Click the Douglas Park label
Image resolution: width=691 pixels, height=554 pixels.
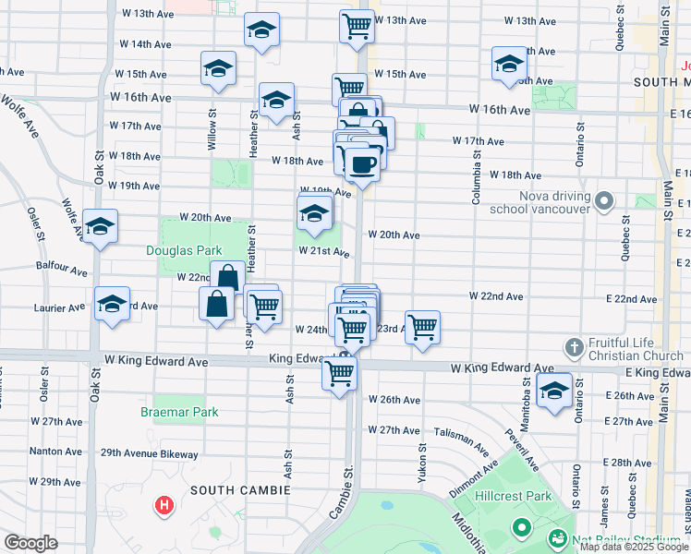184,250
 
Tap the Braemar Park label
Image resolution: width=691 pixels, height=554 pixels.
179,412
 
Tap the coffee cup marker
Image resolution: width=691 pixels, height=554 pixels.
363,164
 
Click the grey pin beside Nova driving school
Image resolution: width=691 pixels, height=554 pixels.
604,200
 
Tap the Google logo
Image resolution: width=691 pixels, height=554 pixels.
30,543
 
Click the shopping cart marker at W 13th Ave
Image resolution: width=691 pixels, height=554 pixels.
357,26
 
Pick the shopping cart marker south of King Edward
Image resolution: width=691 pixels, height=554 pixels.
339,373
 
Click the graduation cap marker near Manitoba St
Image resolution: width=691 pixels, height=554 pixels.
554,390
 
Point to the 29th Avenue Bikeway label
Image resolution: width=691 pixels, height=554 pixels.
150,453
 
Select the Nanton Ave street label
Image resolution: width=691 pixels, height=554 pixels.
55,452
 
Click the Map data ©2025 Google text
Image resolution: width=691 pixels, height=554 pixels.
634,547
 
